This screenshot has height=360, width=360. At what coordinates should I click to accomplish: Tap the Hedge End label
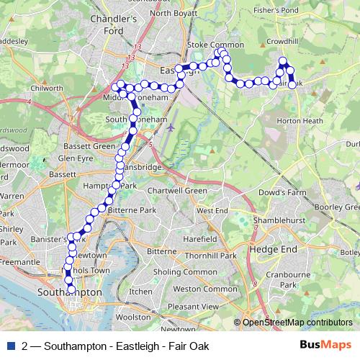[x=267, y=248]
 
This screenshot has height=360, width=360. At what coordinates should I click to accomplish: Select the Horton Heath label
[x=298, y=121]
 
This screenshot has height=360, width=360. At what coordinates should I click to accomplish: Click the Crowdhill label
[x=283, y=42]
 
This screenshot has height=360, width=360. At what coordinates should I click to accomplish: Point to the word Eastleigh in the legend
[x=135, y=346]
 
